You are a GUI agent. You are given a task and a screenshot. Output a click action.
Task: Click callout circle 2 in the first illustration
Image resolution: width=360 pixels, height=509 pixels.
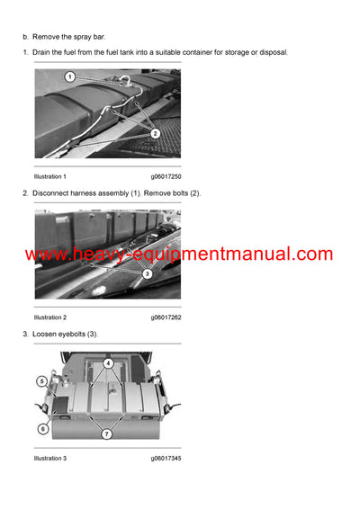tap(155, 133)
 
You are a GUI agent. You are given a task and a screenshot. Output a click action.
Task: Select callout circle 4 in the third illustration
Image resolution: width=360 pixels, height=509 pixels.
tap(108, 364)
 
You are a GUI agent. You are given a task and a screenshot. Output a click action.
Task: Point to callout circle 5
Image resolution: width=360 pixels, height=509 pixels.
tap(42, 381)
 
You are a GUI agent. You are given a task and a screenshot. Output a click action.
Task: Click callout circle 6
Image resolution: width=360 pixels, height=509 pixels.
tap(42, 429)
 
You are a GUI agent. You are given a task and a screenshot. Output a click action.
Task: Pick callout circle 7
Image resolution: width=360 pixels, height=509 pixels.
tap(108, 435)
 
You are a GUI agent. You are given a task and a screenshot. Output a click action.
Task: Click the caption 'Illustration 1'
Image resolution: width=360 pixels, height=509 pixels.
tap(50, 176)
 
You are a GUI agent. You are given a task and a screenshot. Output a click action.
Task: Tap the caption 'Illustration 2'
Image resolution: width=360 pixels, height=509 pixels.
tap(50, 317)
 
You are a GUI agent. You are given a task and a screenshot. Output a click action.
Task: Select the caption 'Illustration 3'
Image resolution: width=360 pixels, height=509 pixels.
tap(50, 459)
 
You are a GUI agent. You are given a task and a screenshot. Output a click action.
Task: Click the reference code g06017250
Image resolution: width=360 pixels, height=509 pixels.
tap(166, 176)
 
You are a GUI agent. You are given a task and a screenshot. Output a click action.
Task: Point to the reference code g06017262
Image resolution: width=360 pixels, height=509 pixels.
tap(166, 317)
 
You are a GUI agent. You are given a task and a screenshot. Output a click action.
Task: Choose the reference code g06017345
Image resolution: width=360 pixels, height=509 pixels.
tap(166, 459)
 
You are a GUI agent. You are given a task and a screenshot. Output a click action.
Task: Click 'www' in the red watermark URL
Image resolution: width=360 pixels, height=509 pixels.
tap(47, 254)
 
